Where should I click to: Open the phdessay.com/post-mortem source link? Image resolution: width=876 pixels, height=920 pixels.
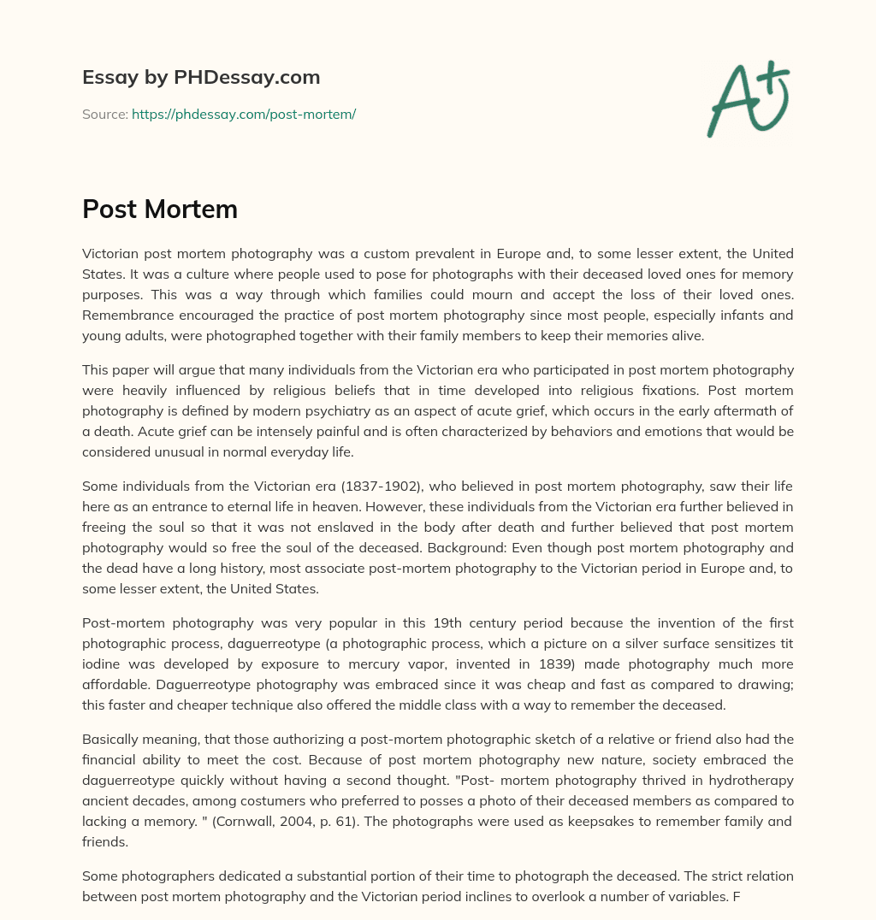(x=244, y=114)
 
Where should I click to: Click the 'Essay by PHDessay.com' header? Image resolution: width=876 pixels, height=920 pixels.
(x=201, y=77)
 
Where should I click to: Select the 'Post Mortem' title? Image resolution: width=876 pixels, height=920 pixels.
(x=160, y=209)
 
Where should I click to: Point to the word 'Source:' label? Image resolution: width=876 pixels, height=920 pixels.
(x=105, y=114)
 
